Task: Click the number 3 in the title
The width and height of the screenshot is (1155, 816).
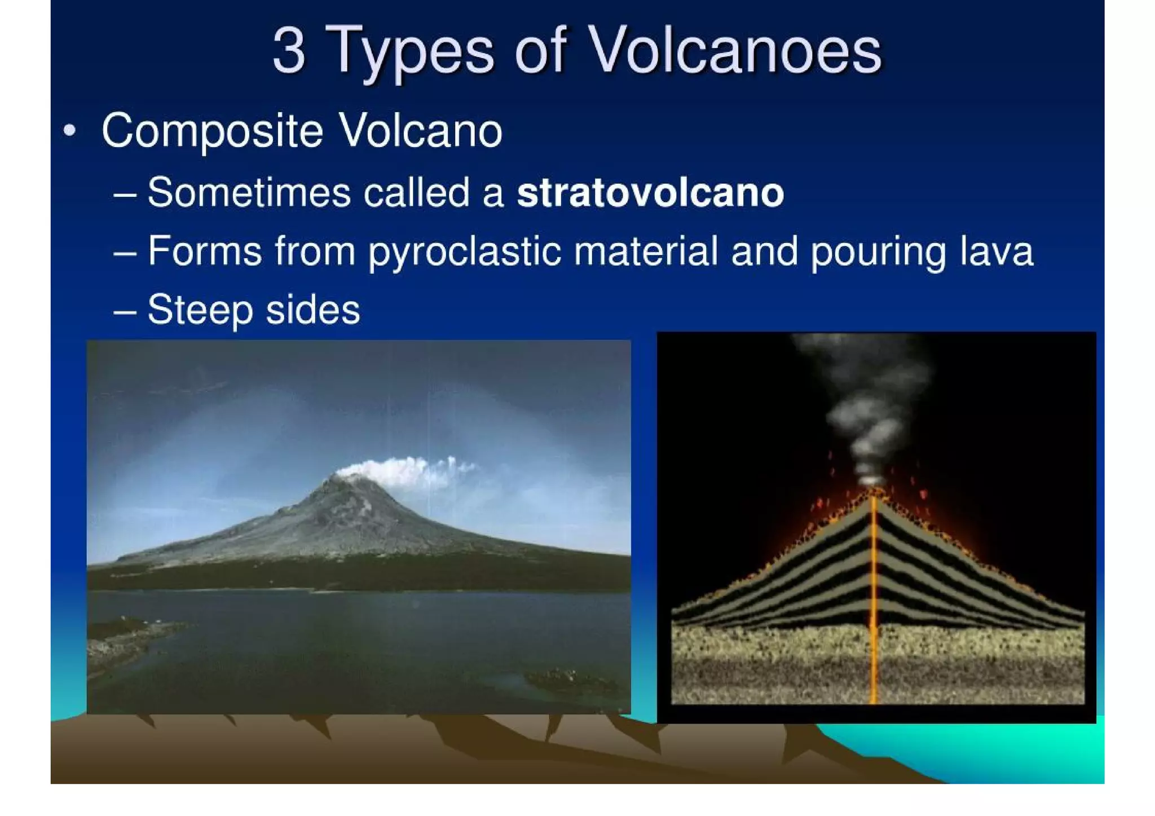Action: point(289,52)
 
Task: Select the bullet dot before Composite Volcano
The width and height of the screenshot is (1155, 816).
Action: point(69,131)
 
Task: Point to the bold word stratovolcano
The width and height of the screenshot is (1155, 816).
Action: point(650,193)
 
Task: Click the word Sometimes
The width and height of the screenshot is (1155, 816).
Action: point(249,193)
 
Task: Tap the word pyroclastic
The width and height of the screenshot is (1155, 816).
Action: point(465,252)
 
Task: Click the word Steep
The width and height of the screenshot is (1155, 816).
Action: point(200,310)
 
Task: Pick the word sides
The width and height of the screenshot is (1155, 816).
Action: point(312,310)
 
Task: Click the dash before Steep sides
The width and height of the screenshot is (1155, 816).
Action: point(125,311)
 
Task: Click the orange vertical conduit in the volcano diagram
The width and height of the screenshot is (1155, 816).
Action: point(874,598)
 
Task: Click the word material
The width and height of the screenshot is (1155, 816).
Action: point(646,251)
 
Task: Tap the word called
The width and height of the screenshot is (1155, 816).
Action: point(416,193)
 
